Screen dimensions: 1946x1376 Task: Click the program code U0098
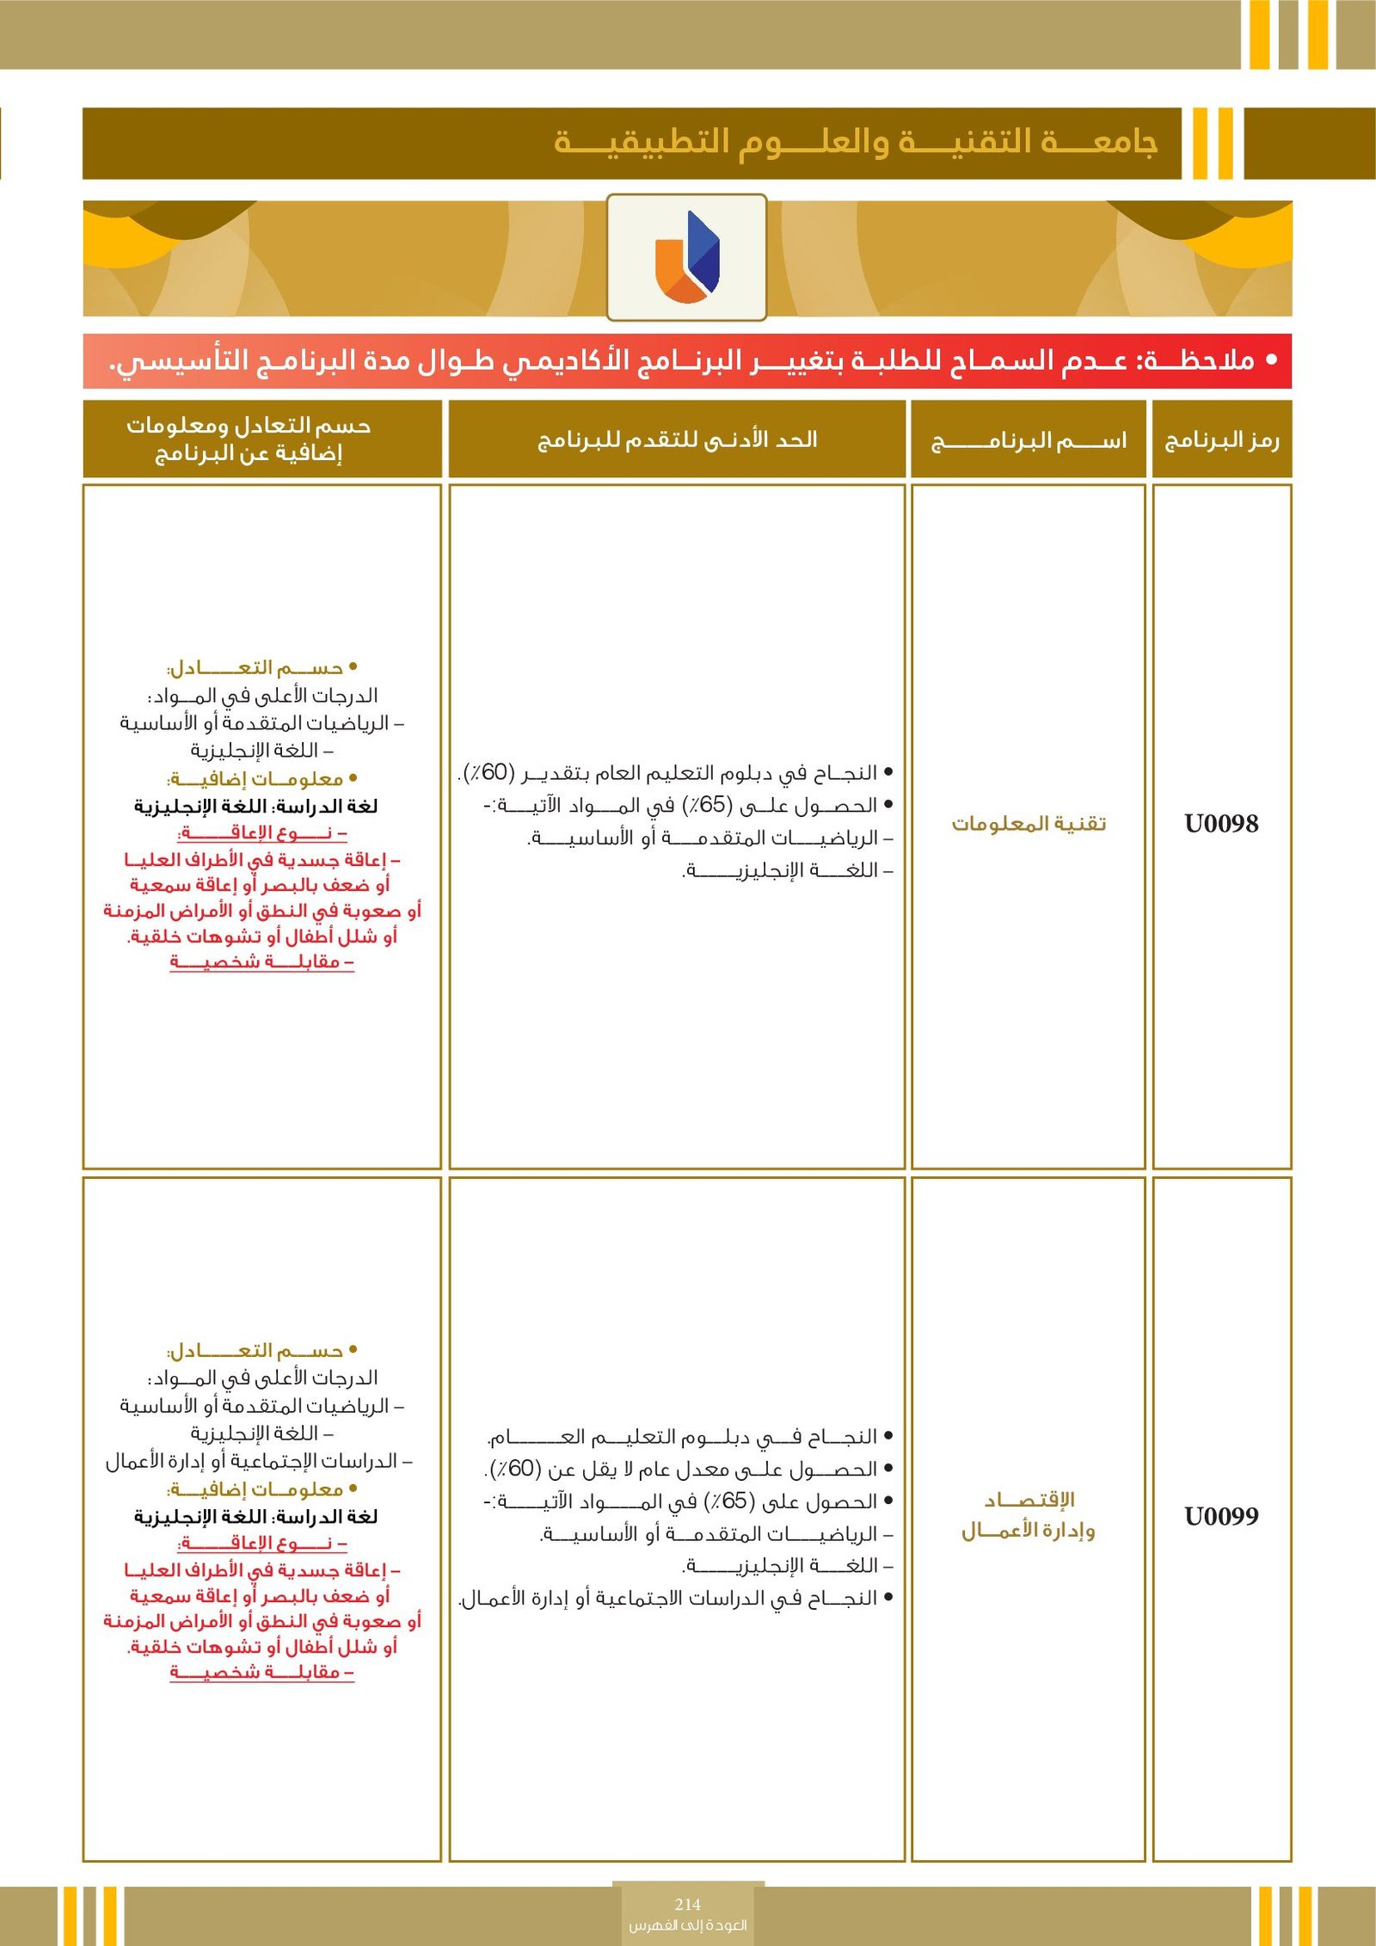[1221, 824]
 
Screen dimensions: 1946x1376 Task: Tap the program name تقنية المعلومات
[1029, 824]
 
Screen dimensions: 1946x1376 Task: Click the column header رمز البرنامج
[1222, 440]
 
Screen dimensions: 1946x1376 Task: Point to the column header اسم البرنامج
[1029, 441]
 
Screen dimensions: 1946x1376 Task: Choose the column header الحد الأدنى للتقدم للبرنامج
[677, 440]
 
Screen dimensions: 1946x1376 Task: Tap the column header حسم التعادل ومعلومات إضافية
[249, 439]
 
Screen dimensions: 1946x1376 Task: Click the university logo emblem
[686, 257]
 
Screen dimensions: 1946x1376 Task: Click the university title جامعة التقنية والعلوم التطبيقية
[856, 143]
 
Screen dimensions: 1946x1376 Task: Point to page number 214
[687, 1904]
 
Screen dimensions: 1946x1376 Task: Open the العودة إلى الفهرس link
[687, 1925]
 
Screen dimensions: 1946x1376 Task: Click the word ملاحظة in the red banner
[1200, 361]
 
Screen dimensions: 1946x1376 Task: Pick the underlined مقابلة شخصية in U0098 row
[261, 961]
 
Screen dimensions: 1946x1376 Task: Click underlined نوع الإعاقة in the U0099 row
[261, 1544]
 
